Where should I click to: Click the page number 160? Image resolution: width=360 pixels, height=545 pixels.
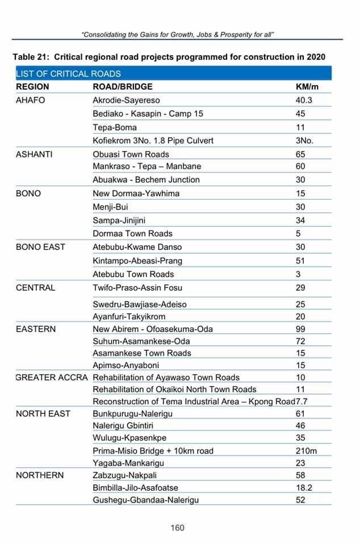[x=177, y=528]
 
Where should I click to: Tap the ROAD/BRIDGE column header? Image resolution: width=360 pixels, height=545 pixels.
[x=123, y=87]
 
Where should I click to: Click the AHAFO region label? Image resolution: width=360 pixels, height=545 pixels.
[x=31, y=100]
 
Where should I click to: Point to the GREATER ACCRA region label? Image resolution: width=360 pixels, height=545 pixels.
[x=52, y=378]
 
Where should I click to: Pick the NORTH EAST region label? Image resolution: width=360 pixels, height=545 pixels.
[x=43, y=414]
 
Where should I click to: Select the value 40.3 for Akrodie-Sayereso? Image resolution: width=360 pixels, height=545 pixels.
[x=304, y=100]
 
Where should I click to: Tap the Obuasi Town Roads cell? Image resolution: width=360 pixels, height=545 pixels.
[x=131, y=154]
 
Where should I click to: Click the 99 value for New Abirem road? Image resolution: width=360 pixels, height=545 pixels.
[x=300, y=329]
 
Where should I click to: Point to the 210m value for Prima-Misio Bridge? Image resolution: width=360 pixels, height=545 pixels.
[x=306, y=451]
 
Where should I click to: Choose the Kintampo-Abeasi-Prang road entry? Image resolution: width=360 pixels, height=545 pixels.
[x=137, y=261]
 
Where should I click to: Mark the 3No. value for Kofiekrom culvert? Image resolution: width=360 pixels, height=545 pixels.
[x=305, y=140]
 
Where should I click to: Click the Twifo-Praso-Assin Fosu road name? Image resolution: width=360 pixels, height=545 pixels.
[x=137, y=288]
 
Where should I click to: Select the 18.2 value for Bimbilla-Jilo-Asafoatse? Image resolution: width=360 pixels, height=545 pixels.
[x=304, y=488]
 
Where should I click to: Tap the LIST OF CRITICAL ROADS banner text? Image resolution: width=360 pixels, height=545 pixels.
[x=68, y=74]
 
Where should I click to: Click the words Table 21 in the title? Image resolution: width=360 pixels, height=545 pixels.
[x=32, y=57]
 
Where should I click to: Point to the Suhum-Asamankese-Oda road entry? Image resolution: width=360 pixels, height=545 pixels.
[x=141, y=341]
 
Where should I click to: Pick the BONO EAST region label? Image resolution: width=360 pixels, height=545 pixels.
[x=40, y=247]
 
